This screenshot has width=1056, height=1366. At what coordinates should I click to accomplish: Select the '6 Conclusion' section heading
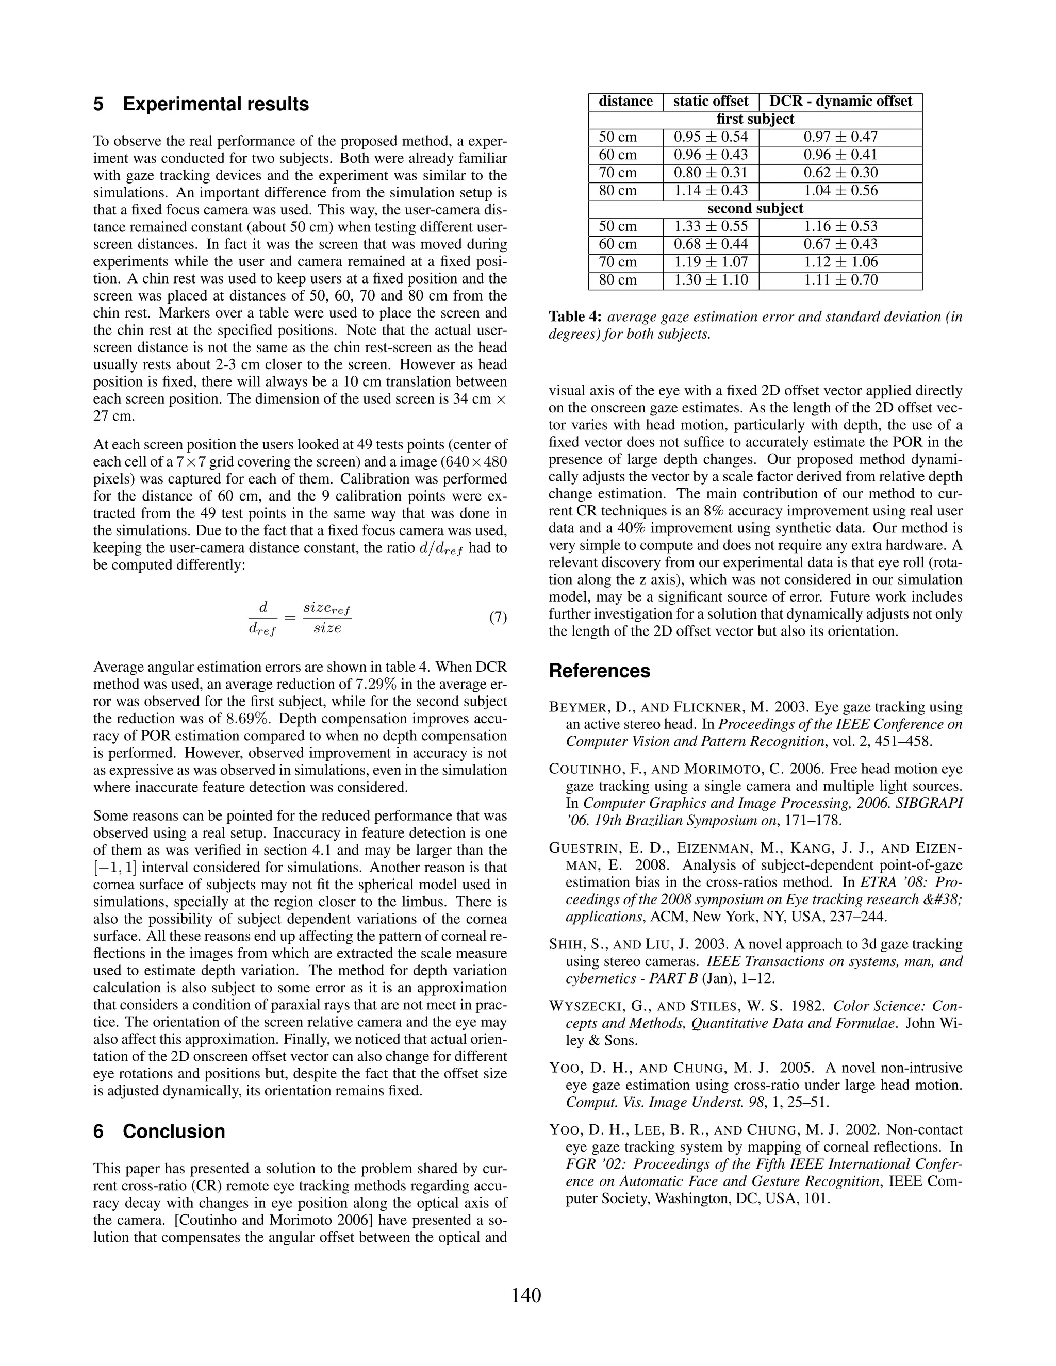[x=159, y=1131]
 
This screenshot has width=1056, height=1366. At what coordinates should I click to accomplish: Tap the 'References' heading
[x=599, y=671]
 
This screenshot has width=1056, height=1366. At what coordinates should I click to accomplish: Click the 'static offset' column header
[x=711, y=102]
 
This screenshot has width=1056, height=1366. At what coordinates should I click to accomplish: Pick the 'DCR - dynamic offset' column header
[x=840, y=102]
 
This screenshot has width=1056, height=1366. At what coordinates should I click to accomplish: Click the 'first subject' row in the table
[x=755, y=119]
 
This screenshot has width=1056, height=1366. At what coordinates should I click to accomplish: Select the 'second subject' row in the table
[x=755, y=208]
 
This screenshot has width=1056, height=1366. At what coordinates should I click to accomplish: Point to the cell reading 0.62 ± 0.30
[x=840, y=173]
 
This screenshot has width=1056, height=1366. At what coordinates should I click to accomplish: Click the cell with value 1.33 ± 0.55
[x=711, y=226]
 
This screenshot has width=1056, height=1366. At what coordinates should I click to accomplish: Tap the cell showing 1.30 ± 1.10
[x=711, y=279]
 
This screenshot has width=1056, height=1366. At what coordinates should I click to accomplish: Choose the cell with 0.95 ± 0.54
[x=711, y=137]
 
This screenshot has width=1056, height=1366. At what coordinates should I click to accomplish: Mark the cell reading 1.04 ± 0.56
[x=840, y=190]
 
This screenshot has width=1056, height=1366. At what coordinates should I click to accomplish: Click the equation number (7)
[x=498, y=618]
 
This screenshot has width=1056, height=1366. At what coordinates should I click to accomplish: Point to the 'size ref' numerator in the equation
[x=326, y=608]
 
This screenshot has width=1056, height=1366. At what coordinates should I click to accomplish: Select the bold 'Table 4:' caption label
[x=575, y=317]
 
